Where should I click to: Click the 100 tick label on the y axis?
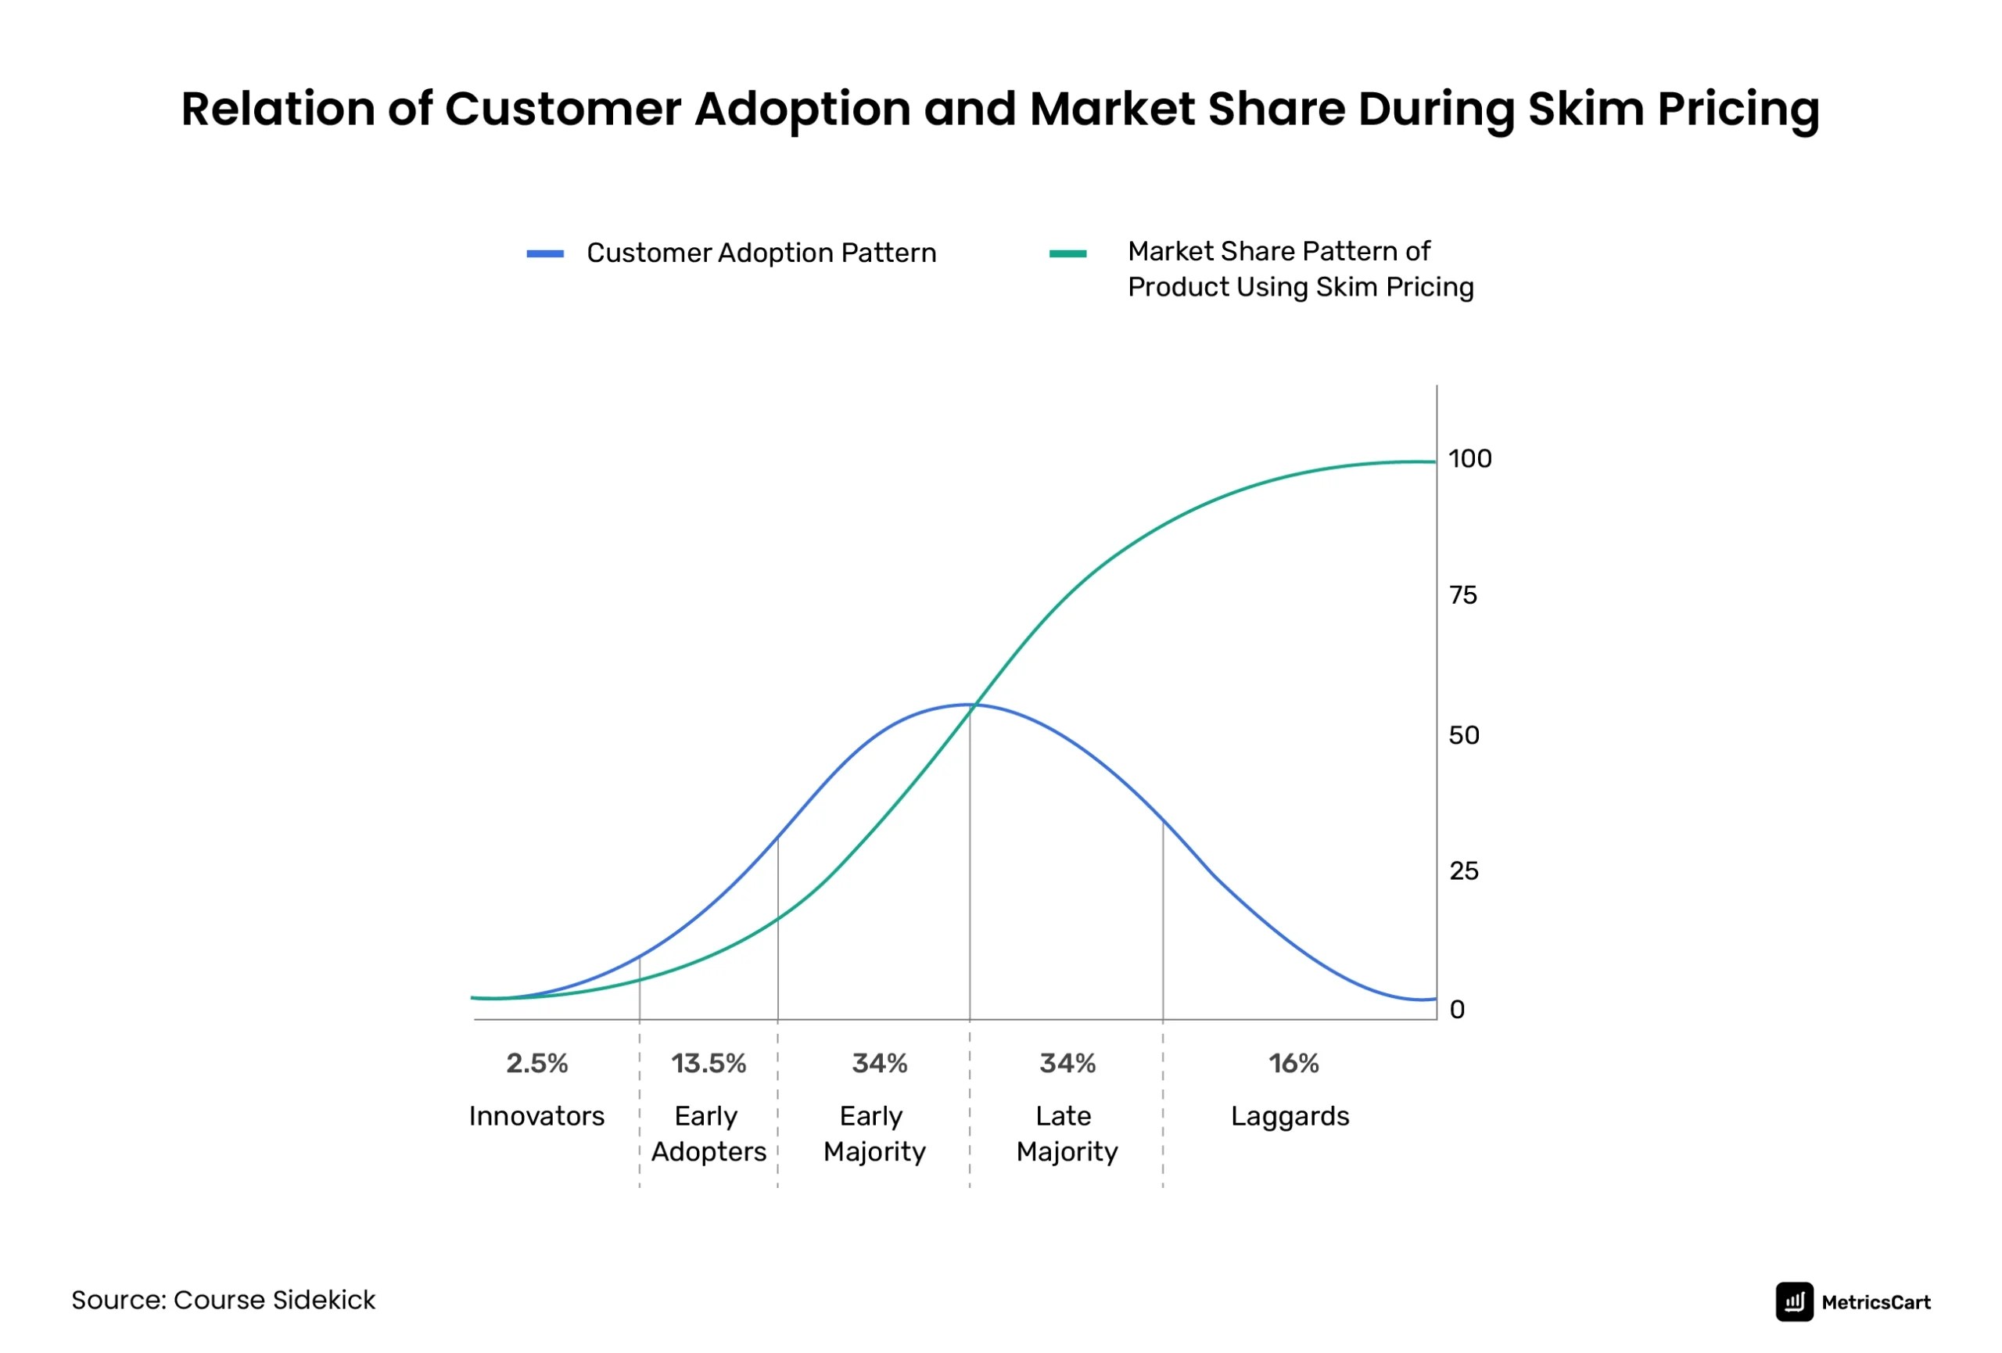[1469, 459]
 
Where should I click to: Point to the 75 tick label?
[1462, 596]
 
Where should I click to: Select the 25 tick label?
[1464, 871]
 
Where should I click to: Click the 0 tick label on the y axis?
[1457, 1010]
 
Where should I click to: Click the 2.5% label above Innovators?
[536, 1064]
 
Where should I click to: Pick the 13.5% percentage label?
[708, 1064]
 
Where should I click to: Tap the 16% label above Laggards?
[1293, 1064]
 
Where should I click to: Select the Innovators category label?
[536, 1117]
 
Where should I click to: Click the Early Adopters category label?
[708, 1134]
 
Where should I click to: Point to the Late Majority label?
[1067, 1134]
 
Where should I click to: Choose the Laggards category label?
[1290, 1117]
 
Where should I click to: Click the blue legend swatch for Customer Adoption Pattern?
[545, 254]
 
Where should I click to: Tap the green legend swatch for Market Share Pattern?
[1067, 254]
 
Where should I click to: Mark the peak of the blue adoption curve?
[969, 705]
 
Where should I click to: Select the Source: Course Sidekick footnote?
[223, 1301]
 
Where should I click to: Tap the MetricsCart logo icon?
[1795, 1302]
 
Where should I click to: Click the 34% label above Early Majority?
[880, 1064]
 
